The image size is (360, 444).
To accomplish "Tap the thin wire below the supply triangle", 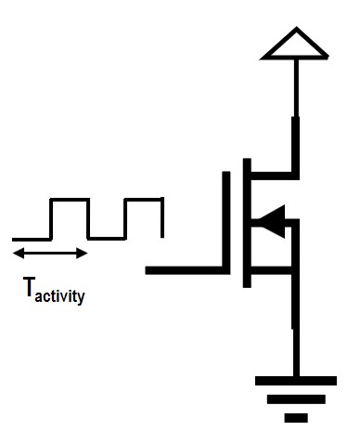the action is click(296, 88).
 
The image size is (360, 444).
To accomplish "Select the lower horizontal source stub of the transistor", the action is click(273, 270).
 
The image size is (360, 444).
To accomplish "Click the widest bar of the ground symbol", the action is click(296, 380).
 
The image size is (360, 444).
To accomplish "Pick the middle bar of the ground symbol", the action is click(296, 399).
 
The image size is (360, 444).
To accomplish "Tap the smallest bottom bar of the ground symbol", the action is click(296, 418).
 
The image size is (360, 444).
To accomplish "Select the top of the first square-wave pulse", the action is click(70, 199).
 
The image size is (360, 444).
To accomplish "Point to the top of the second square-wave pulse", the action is click(144, 199).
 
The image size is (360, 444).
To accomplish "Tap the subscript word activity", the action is click(62, 297).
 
